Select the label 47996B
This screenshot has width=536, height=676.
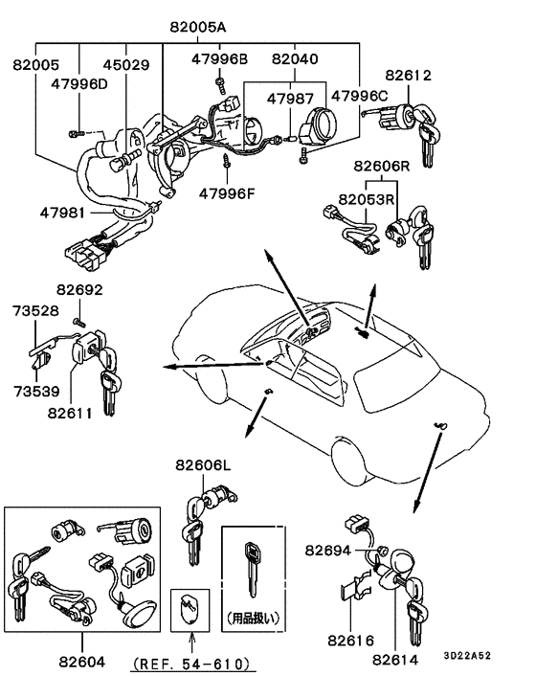(218, 59)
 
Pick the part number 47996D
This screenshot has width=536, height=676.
(80, 83)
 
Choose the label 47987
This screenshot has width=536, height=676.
(291, 98)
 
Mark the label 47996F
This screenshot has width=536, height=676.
(228, 193)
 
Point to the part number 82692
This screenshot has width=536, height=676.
(78, 289)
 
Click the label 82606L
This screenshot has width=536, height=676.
(203, 465)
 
